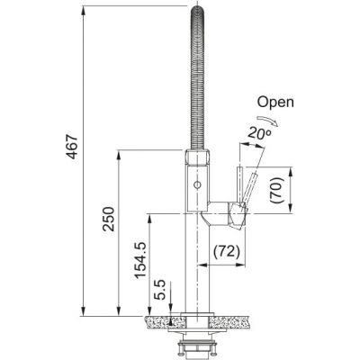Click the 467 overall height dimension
[72, 147]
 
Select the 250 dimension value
[108, 219]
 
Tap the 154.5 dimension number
[140, 260]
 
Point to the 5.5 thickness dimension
[159, 290]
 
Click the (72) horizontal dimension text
[227, 251]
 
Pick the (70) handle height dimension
[276, 191]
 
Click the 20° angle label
[259, 132]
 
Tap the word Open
[275, 103]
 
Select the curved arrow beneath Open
[267, 119]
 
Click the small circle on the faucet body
[197, 184]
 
